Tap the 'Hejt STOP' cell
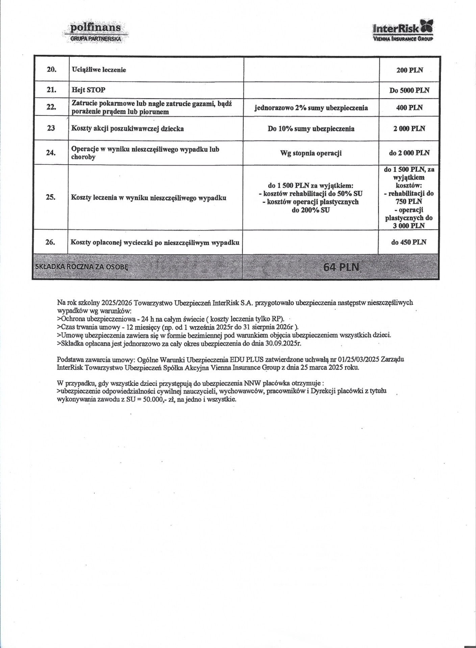pyautogui.click(x=89, y=90)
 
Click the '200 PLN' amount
pyautogui.click(x=409, y=70)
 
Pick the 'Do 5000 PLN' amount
pyautogui.click(x=409, y=90)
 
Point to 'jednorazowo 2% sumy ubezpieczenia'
pyautogui.click(x=311, y=108)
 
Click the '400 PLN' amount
pyautogui.click(x=409, y=108)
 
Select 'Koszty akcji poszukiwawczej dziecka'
pyautogui.click(x=127, y=129)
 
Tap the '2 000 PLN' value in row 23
pyautogui.click(x=409, y=129)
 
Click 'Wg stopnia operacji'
pyautogui.click(x=311, y=153)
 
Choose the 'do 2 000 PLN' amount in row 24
pyautogui.click(x=409, y=153)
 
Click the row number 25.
pyautogui.click(x=51, y=197)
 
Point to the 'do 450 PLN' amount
pyautogui.click(x=409, y=242)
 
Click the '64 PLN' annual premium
pyautogui.click(x=341, y=267)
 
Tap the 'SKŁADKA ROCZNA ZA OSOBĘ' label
pyautogui.click(x=81, y=267)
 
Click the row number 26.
pyautogui.click(x=50, y=242)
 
